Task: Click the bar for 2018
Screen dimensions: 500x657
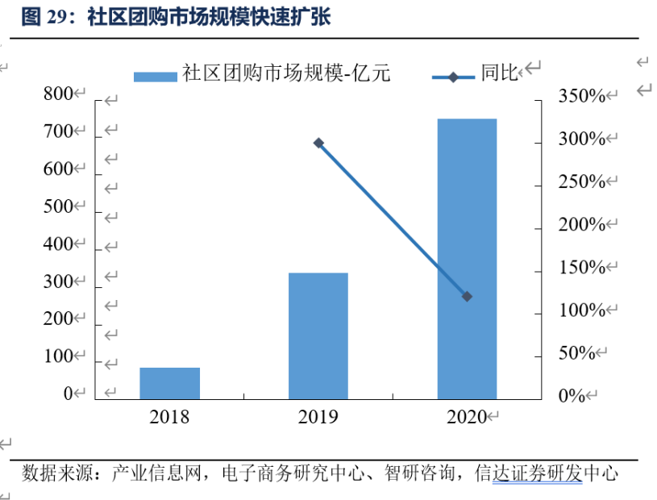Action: tap(169, 383)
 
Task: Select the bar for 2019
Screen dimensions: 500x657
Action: tap(318, 335)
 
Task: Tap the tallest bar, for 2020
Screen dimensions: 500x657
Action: tap(467, 258)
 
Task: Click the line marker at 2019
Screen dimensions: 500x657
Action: tap(318, 144)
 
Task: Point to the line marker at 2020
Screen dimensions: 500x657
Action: tap(467, 297)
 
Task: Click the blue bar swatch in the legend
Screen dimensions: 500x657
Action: tap(155, 76)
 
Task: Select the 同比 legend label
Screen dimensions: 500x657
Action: tap(500, 75)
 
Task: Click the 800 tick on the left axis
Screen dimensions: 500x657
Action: tap(58, 95)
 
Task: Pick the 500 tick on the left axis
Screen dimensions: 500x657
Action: tap(58, 207)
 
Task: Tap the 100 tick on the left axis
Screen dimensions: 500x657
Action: tap(58, 356)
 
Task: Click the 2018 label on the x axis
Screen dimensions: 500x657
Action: tap(169, 417)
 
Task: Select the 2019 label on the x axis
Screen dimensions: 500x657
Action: tap(318, 417)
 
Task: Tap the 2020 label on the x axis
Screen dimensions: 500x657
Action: tap(466, 417)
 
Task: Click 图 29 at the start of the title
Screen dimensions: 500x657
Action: tap(43, 18)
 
